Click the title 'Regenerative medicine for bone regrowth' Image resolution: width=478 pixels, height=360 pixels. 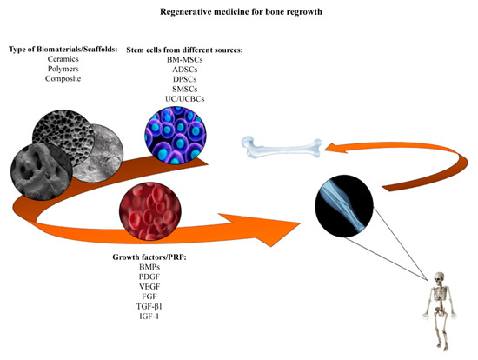pos(238,13)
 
